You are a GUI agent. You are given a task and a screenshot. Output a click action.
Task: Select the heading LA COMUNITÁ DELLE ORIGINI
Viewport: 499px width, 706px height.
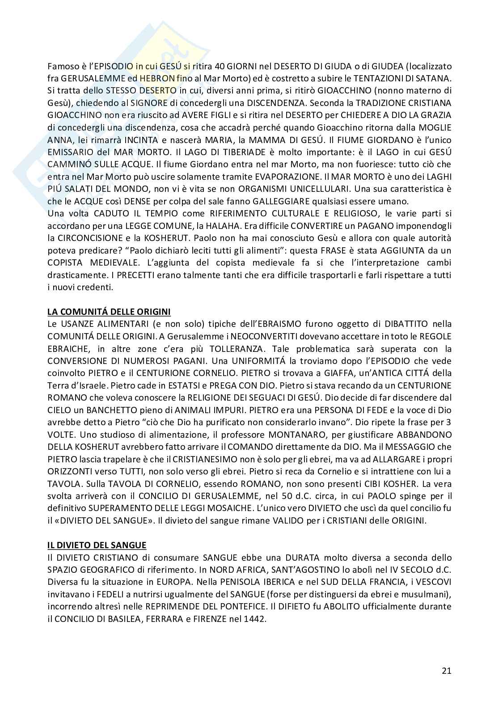(x=109, y=311)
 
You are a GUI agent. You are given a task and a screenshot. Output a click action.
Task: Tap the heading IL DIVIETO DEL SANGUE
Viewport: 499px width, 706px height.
(x=97, y=545)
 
